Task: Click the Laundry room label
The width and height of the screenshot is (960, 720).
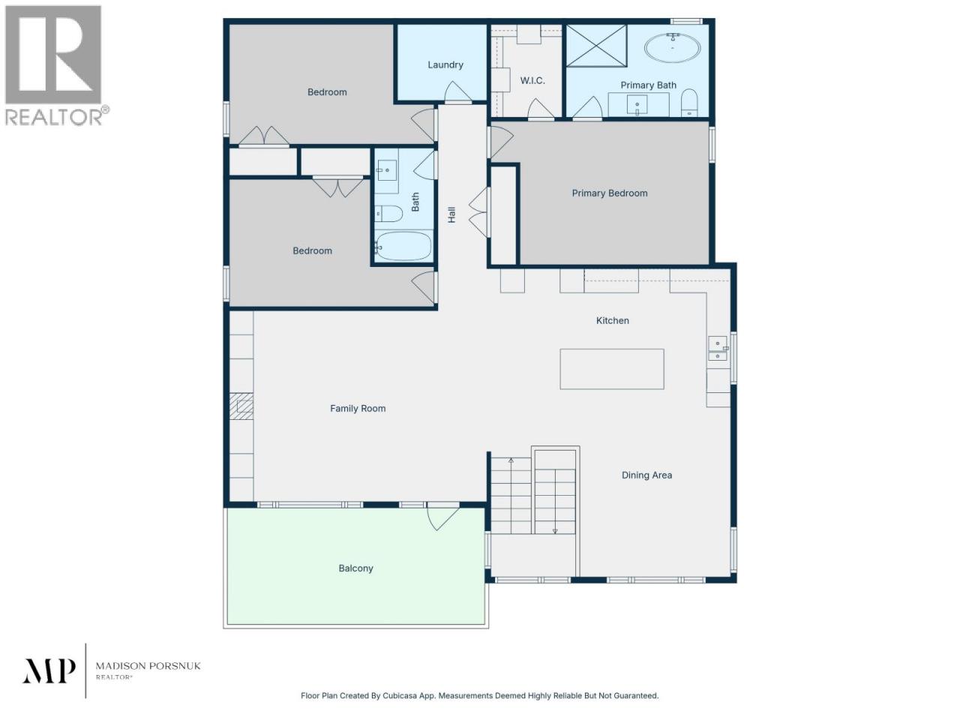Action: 445,64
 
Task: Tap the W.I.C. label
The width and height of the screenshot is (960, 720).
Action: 532,80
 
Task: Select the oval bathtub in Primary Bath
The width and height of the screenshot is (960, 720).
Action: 673,48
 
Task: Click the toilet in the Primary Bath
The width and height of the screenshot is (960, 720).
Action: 689,103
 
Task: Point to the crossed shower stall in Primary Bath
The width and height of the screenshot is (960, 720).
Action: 596,46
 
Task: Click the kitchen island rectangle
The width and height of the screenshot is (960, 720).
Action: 612,369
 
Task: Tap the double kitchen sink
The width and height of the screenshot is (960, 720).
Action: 718,349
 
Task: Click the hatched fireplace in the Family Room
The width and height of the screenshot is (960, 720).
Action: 241,406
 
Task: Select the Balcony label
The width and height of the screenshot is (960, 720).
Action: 355,568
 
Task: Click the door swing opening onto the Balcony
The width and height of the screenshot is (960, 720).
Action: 442,517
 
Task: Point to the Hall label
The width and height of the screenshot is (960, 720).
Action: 451,214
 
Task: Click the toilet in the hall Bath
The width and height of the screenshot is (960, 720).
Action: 388,213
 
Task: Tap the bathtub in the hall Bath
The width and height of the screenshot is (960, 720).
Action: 403,246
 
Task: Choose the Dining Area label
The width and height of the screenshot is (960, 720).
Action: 646,475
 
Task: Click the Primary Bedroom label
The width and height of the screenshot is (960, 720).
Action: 610,193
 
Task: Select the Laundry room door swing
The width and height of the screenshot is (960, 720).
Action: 457,92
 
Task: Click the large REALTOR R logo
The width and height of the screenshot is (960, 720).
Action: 53,55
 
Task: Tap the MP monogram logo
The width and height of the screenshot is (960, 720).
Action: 49,670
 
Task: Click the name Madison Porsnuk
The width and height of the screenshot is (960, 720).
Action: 148,666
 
